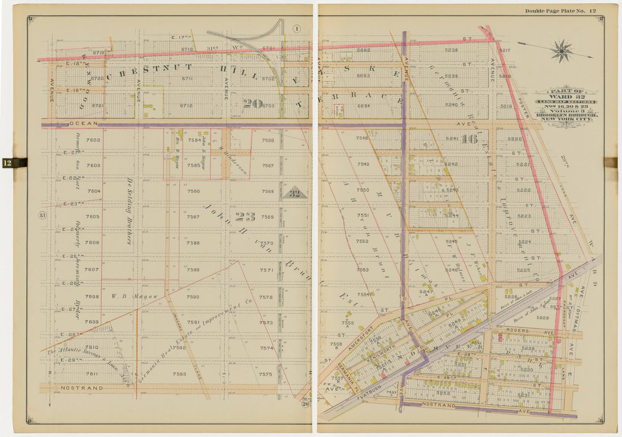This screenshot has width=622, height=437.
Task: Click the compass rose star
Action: (x=561, y=50)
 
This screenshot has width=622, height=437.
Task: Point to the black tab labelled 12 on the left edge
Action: (x=14, y=163)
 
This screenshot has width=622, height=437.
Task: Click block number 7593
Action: (x=179, y=374)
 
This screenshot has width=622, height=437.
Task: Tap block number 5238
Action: (x=451, y=50)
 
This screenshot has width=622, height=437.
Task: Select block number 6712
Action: (x=186, y=105)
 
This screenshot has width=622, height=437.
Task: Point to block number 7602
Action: (x=93, y=140)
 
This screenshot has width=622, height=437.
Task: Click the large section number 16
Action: (x=469, y=139)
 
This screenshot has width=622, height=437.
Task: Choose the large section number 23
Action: (x=245, y=216)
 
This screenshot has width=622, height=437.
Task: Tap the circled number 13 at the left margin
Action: (x=41, y=215)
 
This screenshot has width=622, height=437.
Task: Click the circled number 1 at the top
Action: (x=297, y=28)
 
